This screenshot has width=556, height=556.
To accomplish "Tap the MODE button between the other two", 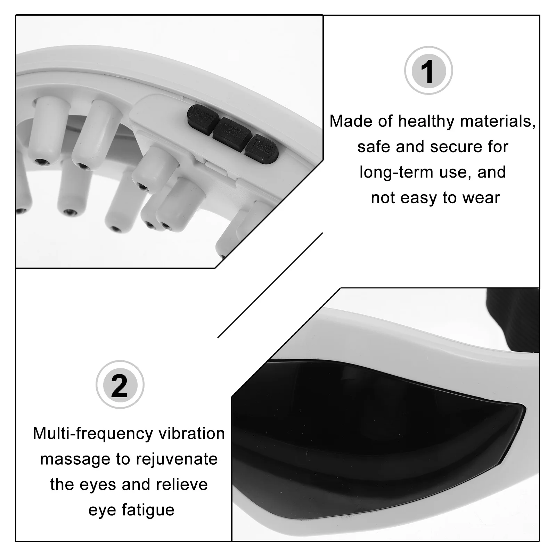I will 232,133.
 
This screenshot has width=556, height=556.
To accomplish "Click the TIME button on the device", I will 262,148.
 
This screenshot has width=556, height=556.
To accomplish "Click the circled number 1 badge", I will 428,71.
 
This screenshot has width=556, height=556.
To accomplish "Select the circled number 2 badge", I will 120,385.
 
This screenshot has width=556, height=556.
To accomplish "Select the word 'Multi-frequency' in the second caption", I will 93,434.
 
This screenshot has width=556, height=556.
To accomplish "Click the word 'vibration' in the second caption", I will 192,434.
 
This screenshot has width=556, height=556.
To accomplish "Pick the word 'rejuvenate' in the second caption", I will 177,459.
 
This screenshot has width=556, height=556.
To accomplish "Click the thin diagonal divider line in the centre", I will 270,285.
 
